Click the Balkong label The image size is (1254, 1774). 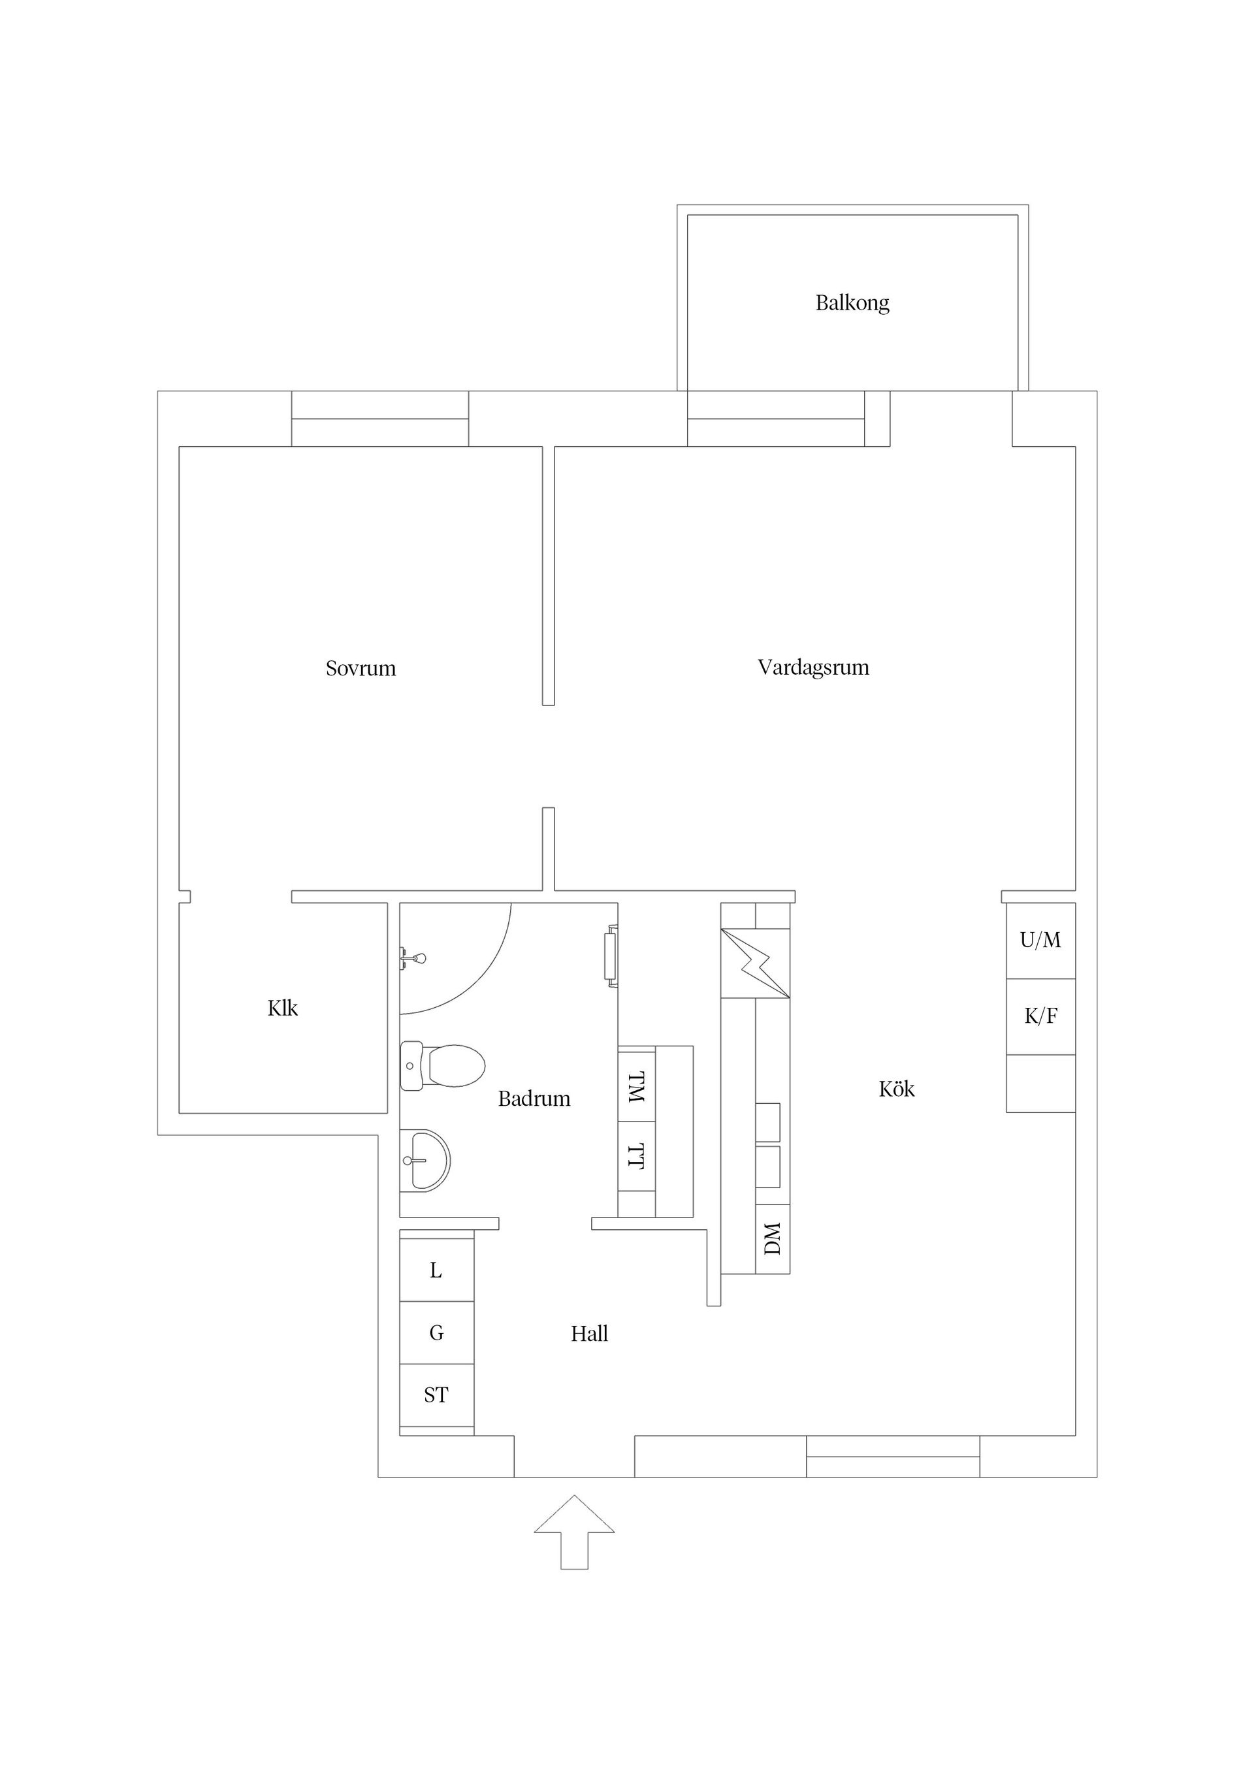point(852,302)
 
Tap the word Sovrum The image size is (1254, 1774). point(361,668)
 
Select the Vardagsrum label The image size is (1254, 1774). point(813,668)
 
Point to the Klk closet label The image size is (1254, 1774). point(282,1008)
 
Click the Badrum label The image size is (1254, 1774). point(534,1099)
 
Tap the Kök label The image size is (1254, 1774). point(896,1089)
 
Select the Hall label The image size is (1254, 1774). point(590,1334)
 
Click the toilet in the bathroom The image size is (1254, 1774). point(442,1065)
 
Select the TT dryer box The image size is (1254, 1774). point(637,1157)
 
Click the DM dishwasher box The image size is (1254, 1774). point(773,1238)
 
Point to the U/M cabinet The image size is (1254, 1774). point(1040,941)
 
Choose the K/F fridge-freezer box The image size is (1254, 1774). point(1040,1017)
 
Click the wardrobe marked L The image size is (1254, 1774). point(436,1270)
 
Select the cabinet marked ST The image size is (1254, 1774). point(436,1395)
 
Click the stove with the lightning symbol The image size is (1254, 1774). point(756,963)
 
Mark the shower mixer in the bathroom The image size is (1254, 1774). point(412,959)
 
